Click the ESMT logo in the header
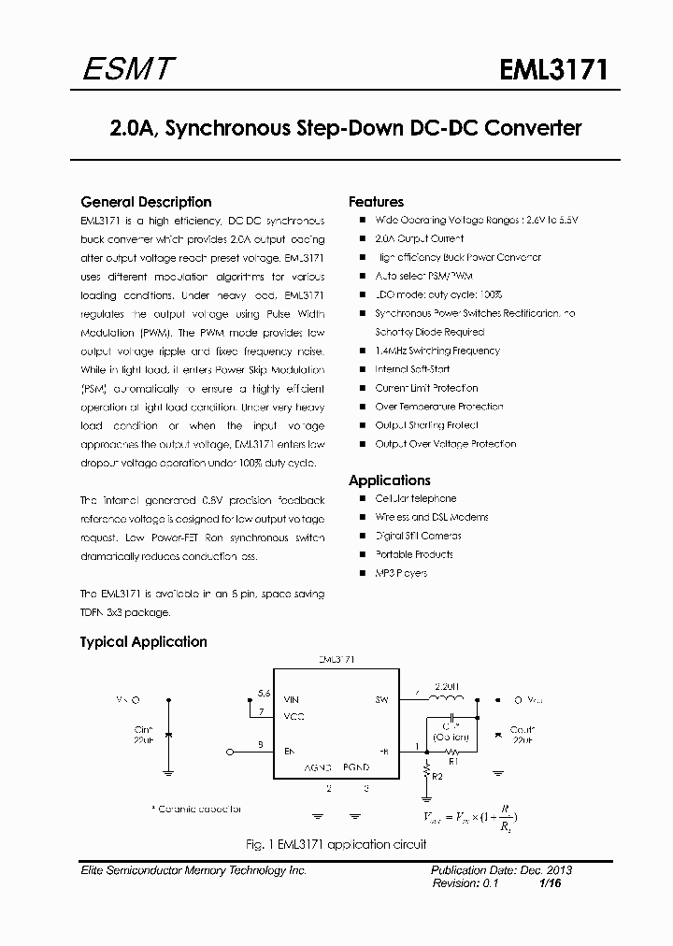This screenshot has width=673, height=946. coord(125,69)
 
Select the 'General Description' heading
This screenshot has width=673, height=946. coord(146,202)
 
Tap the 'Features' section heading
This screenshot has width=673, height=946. coord(376,202)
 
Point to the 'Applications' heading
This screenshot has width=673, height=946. coord(389,480)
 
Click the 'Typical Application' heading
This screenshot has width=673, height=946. coord(143,642)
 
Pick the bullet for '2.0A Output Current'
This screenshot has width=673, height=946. coord(361,238)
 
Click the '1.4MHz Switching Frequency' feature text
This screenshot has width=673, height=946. coord(437,351)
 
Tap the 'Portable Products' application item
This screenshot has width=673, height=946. coord(413,554)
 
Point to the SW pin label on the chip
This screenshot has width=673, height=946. coord(381,699)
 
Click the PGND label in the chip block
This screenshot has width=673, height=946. coord(356,767)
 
